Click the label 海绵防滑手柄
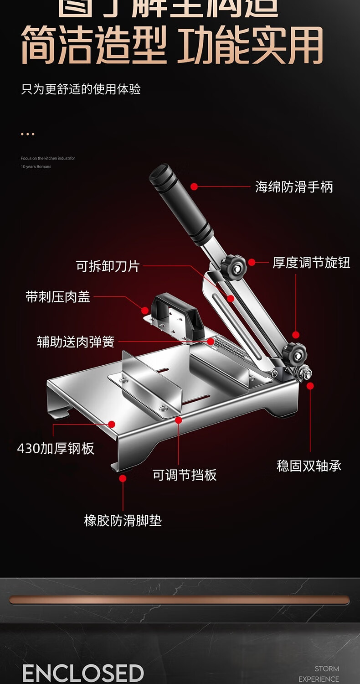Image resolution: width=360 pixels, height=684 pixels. click(294, 187)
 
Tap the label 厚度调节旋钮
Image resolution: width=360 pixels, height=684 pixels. click(311, 263)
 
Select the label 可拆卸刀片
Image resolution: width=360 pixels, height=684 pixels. click(108, 266)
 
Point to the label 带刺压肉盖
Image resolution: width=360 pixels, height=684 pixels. click(58, 297)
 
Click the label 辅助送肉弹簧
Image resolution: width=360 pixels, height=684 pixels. click(76, 342)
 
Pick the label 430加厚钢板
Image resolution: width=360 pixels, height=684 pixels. click(56, 448)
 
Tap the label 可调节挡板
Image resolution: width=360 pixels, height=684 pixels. click(185, 475)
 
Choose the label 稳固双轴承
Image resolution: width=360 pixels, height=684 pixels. click(309, 466)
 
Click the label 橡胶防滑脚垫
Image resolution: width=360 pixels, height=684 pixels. click(123, 521)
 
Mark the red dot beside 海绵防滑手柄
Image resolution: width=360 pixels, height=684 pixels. click(194, 187)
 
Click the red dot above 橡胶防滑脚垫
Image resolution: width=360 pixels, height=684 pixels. click(123, 478)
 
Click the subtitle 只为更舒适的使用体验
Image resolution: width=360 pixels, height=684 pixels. click(81, 89)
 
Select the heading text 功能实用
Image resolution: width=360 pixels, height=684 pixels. click(250, 46)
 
